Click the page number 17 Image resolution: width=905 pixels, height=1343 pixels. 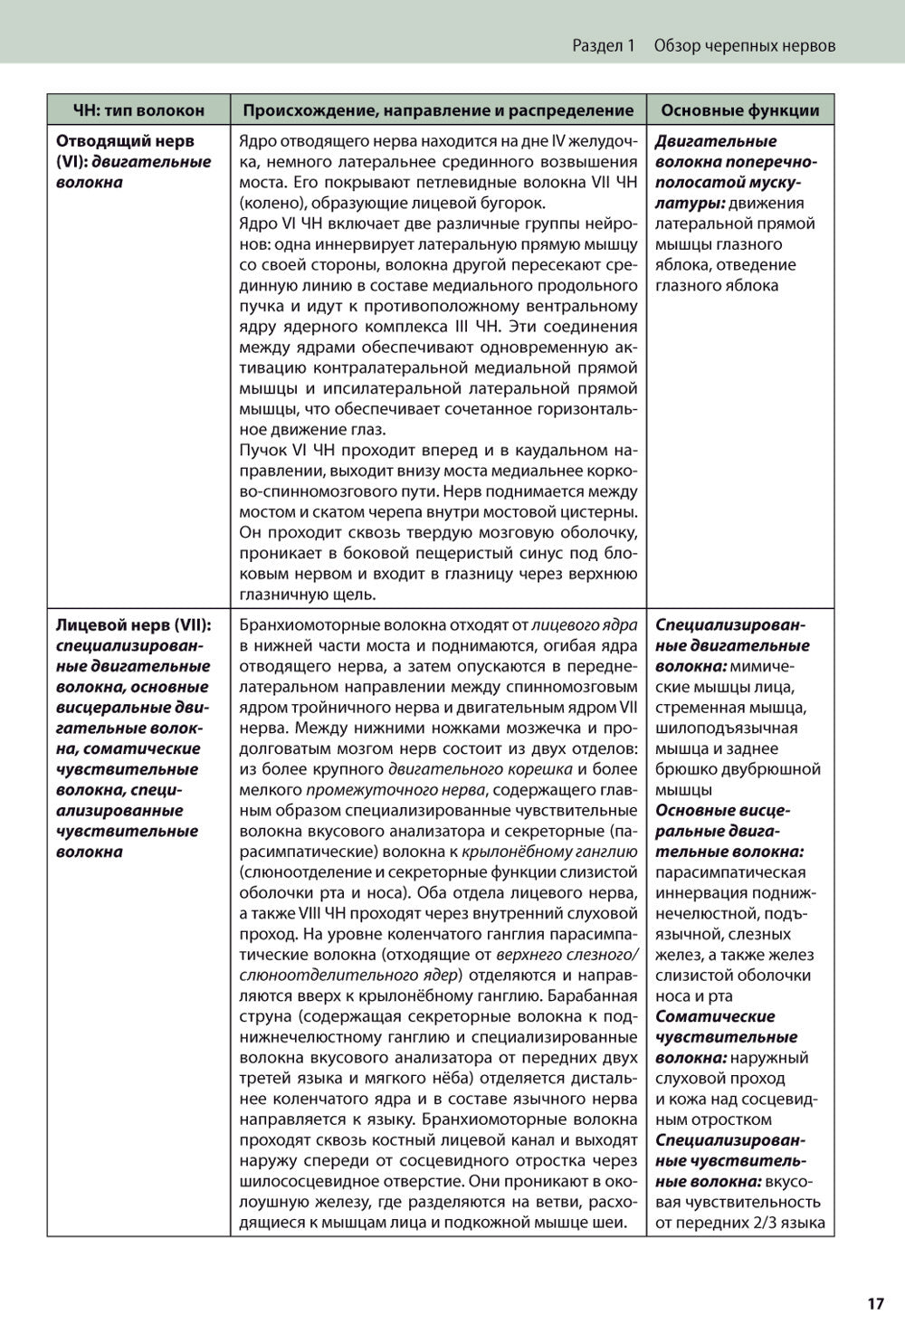click(874, 1303)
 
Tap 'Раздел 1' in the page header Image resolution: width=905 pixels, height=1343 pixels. click(605, 45)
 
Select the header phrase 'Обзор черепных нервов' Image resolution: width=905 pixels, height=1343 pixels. click(744, 45)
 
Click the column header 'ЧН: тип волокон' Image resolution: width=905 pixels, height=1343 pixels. click(138, 110)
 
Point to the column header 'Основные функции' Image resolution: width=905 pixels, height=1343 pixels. click(740, 110)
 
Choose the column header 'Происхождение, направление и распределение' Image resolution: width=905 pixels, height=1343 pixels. click(438, 110)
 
